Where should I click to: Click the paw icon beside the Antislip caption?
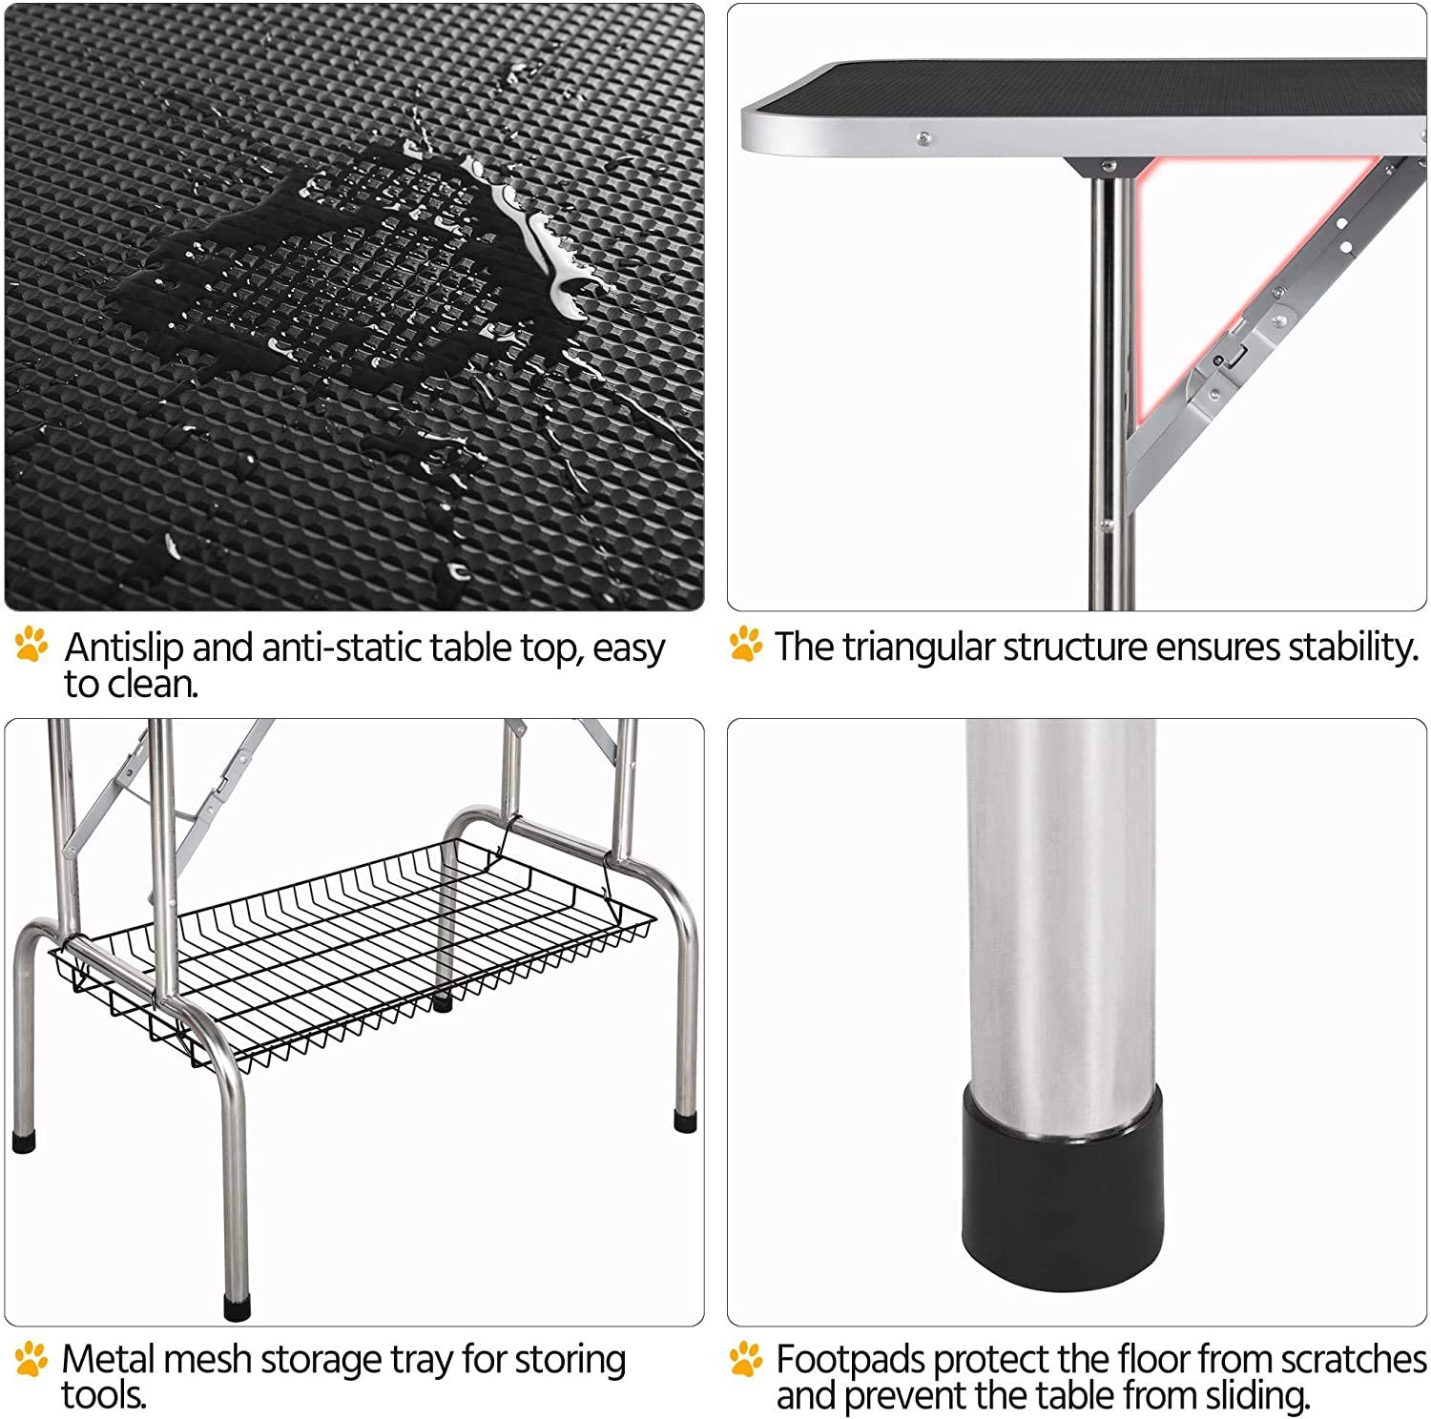31,646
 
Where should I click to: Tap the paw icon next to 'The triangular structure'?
745,646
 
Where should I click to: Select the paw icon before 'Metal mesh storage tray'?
31,1358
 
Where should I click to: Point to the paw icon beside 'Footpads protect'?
745,1358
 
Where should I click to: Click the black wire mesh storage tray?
353,954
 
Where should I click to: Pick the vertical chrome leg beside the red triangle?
1107,381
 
